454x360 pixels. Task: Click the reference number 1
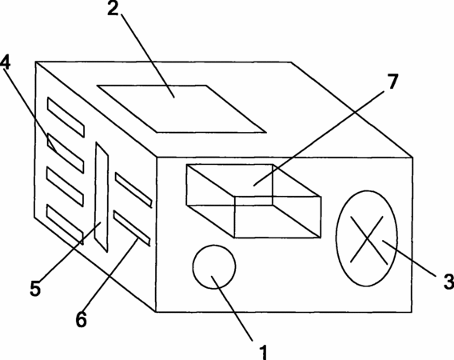(x=263, y=352)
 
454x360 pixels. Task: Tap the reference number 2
(x=113, y=9)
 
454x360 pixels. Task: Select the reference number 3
(x=448, y=281)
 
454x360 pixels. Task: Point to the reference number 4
(x=6, y=62)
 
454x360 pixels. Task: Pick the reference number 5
(x=35, y=288)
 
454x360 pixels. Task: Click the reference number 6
(x=82, y=319)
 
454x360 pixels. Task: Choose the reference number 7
(x=392, y=82)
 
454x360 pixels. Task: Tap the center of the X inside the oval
(x=368, y=238)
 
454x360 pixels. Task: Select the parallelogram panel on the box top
(x=181, y=109)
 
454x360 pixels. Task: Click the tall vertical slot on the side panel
(x=102, y=197)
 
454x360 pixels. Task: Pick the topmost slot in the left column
(x=66, y=117)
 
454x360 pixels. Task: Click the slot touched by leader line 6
(x=132, y=228)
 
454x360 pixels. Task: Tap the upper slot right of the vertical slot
(x=133, y=190)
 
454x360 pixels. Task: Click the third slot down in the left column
(x=66, y=187)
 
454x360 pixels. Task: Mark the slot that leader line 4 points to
(x=66, y=153)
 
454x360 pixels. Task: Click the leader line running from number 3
(x=410, y=258)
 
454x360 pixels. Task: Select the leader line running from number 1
(x=232, y=308)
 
